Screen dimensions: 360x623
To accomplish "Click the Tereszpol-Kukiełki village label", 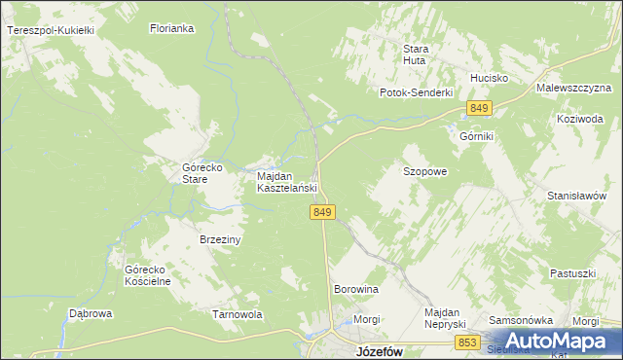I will point(50,31).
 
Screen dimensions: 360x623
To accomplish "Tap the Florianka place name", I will point(172,29).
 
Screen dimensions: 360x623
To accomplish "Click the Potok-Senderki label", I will point(417,92).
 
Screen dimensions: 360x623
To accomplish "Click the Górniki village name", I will point(477,136).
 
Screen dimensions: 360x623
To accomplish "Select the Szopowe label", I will point(425,171).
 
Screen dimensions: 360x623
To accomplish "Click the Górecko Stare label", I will point(204,173).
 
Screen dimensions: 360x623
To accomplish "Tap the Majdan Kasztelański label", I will point(287,182).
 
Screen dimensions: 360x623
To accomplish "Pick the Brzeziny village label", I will point(220,239).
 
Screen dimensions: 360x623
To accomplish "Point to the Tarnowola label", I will point(238,315).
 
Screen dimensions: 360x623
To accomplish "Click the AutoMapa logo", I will point(557,342).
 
